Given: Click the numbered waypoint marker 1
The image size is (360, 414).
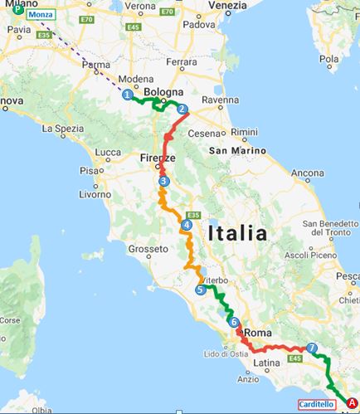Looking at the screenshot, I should [128, 95].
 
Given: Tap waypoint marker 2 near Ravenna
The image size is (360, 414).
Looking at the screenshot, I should [182, 110].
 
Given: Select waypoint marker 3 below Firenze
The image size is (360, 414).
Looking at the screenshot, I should [163, 182].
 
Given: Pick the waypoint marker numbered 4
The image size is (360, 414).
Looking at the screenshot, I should [187, 225].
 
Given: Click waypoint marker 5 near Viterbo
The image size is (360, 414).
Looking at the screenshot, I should [201, 290].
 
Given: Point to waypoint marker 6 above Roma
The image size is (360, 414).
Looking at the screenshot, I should [234, 323].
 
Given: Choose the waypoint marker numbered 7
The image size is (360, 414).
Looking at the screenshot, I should [311, 348].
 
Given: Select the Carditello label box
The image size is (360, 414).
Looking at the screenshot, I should [319, 405].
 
